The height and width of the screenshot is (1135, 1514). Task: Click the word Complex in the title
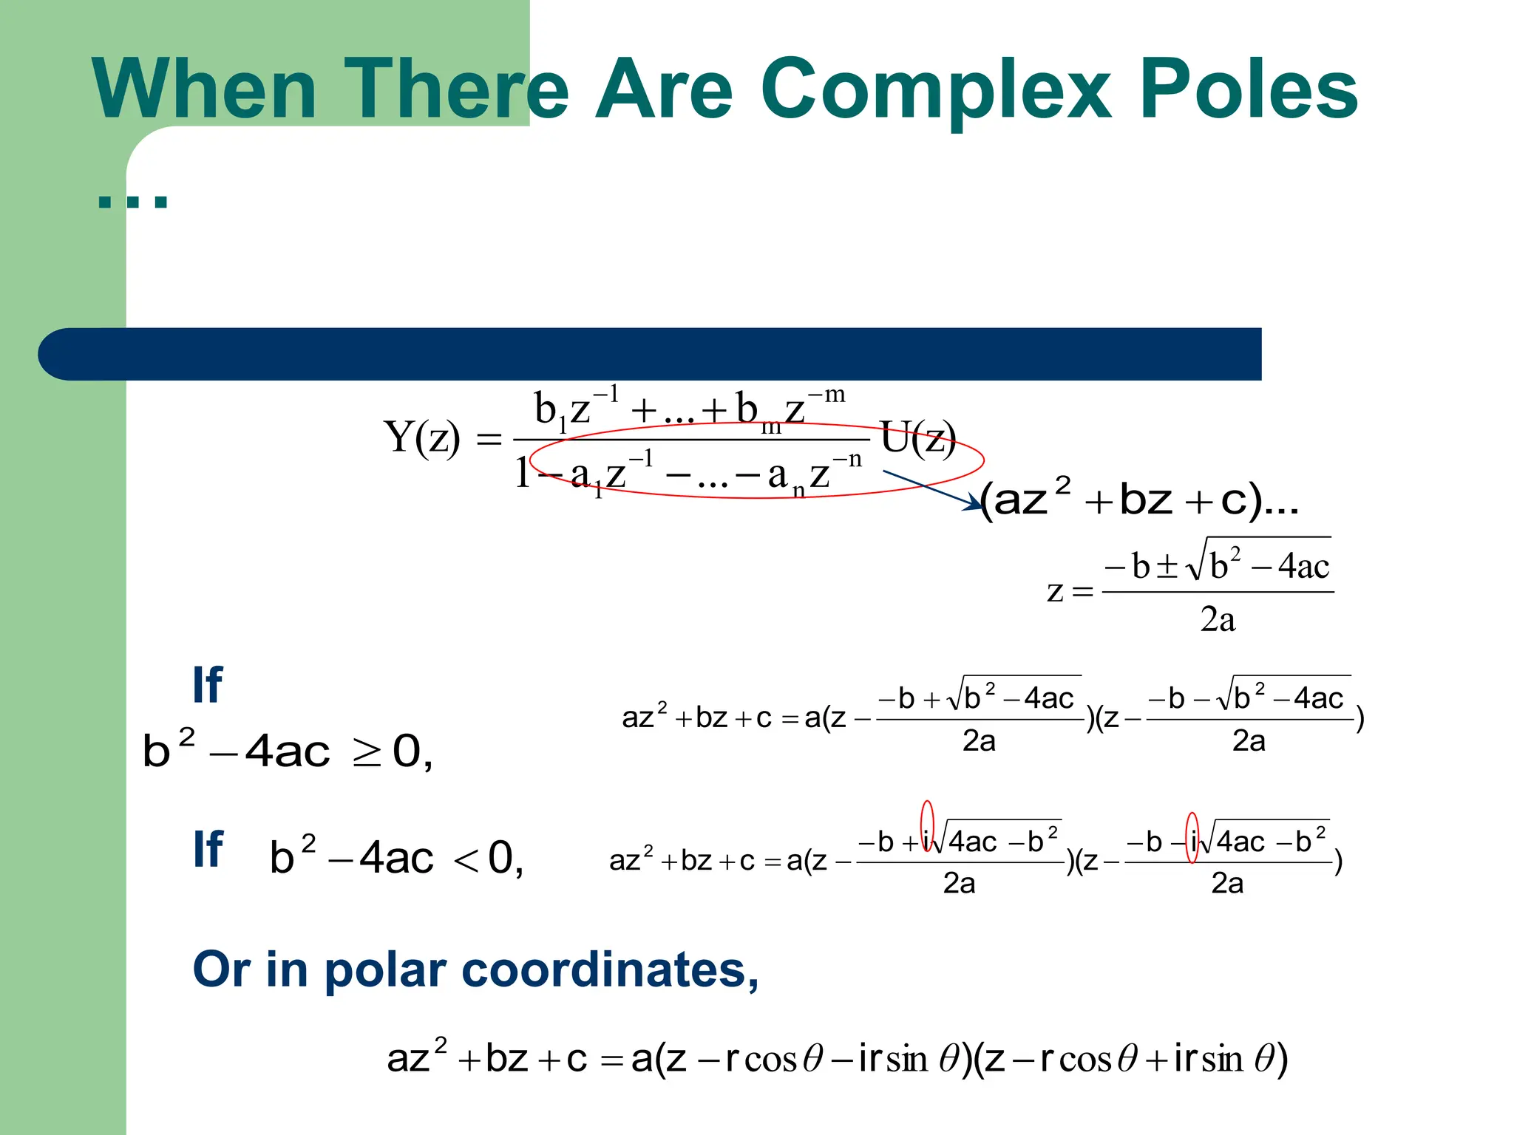935,90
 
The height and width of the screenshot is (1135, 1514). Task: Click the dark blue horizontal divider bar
651,354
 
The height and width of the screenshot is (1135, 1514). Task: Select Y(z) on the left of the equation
421,437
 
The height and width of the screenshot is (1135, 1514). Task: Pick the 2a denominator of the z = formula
1218,619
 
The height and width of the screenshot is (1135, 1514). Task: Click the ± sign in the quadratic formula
1167,566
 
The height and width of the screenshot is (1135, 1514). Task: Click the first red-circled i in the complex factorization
927,841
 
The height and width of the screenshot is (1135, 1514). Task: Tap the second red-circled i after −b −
1192,841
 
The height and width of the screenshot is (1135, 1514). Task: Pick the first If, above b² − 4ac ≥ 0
208,685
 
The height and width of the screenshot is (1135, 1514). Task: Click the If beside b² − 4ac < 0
208,850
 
